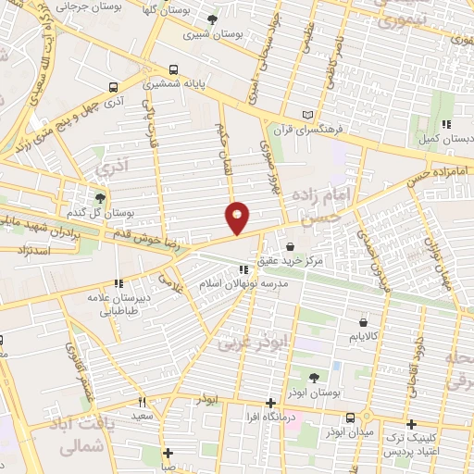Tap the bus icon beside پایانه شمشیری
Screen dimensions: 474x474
(174, 69)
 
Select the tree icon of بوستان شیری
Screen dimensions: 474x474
(213, 19)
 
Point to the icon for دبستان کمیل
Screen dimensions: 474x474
(445, 123)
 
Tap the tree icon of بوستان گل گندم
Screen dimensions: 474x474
(100, 198)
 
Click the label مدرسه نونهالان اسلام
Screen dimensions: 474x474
(251, 284)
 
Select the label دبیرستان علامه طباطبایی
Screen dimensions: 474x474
(118, 299)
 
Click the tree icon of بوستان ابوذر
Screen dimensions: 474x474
(312, 378)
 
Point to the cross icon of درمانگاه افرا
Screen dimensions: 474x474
(270, 403)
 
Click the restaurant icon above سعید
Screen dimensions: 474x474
(143, 402)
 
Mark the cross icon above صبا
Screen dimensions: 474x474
(167, 454)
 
